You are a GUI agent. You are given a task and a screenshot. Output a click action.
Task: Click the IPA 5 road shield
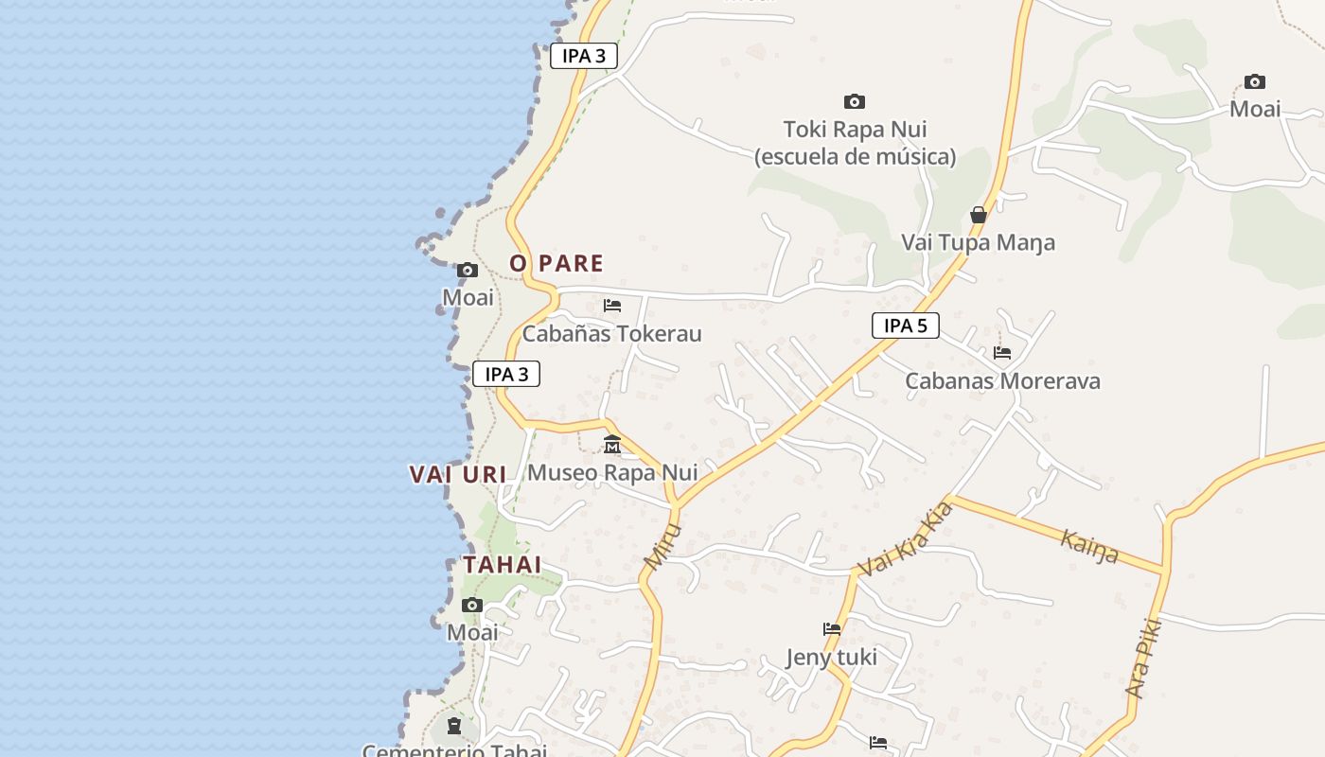905,326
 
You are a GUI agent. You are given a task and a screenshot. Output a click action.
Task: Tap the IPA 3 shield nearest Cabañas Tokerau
506,374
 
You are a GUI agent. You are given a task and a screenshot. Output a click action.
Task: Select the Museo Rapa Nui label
612,472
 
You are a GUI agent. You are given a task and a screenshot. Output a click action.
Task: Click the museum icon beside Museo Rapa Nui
612,444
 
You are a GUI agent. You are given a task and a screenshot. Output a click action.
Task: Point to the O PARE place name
556,263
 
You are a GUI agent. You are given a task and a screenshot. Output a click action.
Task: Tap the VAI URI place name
458,474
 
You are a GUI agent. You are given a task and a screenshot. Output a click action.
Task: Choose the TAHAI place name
502,565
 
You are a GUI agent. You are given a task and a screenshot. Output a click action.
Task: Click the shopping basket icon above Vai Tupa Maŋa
979,216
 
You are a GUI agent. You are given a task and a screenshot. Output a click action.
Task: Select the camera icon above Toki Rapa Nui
854,101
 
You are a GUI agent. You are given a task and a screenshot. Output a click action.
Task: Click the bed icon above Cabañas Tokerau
612,306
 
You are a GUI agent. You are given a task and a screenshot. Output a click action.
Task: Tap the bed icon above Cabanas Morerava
1002,353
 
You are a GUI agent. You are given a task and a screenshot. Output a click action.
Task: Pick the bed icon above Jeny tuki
832,628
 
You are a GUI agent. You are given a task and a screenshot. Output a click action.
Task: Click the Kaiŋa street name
1089,546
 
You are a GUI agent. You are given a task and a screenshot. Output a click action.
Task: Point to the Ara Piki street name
1143,659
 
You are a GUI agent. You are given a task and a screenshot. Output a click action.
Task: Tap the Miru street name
662,546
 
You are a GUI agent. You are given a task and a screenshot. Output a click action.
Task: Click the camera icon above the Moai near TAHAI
471,606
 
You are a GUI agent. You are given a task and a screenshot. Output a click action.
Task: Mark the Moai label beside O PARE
468,298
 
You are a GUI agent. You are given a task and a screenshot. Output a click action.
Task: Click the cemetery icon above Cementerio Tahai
454,727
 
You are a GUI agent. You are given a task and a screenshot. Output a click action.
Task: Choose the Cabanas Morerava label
1002,381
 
